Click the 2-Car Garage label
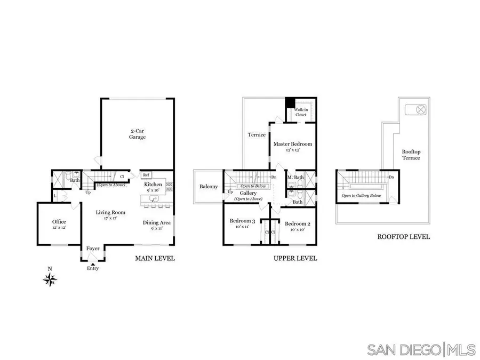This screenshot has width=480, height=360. click(x=138, y=134)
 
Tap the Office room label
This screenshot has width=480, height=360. click(x=59, y=221)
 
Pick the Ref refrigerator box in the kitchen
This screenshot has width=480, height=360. click(x=146, y=174)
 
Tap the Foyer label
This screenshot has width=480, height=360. click(x=93, y=249)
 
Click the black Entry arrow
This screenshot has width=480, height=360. click(x=93, y=264)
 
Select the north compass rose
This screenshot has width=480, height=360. click(x=51, y=279)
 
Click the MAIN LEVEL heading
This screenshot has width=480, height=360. click(x=155, y=259)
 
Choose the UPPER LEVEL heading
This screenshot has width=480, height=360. click(x=295, y=259)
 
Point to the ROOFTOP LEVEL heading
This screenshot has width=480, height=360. click(x=403, y=237)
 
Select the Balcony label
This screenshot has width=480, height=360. click(x=209, y=187)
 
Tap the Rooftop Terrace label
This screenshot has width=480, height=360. click(x=411, y=155)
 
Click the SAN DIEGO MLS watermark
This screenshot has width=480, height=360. click(x=421, y=349)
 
